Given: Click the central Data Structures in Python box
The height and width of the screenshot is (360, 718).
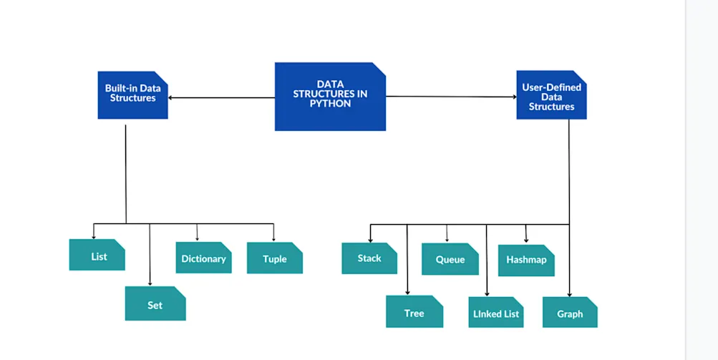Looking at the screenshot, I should pos(330,96).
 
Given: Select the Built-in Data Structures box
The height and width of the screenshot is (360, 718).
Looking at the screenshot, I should pos(132,94).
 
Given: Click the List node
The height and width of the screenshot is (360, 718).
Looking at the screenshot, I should pos(97,255).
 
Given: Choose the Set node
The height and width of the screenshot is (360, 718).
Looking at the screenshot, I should pos(155,303).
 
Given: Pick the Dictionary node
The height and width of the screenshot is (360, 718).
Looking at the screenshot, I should pos(203,258).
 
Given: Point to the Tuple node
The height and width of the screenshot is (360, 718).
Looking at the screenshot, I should pos(274,258).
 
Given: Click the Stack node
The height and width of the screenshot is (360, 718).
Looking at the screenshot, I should pos(369,258).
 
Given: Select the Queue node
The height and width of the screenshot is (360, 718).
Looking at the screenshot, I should pos(450,258).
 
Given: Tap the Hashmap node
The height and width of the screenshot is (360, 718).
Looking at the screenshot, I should pos(526,259).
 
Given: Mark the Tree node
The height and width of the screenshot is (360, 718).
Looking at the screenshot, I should pos(414,312).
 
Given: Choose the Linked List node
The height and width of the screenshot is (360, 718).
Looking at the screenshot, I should pos(496,312).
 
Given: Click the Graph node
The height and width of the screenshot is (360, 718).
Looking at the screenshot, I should pos(570,312).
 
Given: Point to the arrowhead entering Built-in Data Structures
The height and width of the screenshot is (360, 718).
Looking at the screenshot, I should pos(172,97).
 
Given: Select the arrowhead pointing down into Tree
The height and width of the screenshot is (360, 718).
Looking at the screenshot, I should pos(407,292).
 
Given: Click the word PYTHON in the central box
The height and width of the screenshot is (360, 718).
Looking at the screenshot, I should pos(330,103).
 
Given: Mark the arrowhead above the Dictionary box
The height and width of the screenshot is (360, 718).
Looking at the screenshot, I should pos(197,239).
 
